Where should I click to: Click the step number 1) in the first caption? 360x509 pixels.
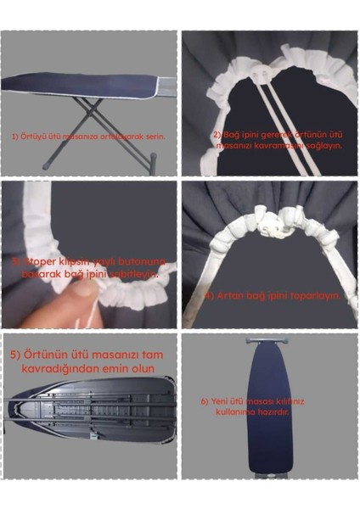point(14,136)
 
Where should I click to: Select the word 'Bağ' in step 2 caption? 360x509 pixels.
point(228,135)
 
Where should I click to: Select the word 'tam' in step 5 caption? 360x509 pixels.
point(154,354)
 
